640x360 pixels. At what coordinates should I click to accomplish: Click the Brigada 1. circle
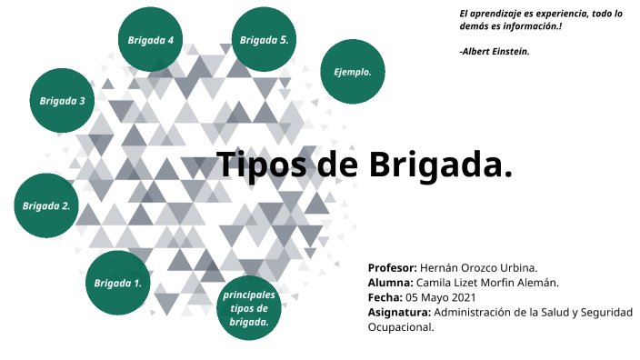click(118, 283)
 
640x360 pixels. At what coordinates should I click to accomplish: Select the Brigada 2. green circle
click(46, 205)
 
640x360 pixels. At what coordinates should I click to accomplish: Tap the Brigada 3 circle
click(63, 100)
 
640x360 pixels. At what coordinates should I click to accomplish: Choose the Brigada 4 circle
click(150, 40)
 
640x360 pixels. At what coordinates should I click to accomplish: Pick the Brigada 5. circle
click(265, 40)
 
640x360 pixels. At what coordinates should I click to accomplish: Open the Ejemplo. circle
click(353, 71)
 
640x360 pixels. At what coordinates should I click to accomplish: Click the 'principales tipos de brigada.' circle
click(249, 308)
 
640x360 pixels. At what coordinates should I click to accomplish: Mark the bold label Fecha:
click(385, 297)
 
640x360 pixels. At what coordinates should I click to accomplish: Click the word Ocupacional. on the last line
click(401, 326)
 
